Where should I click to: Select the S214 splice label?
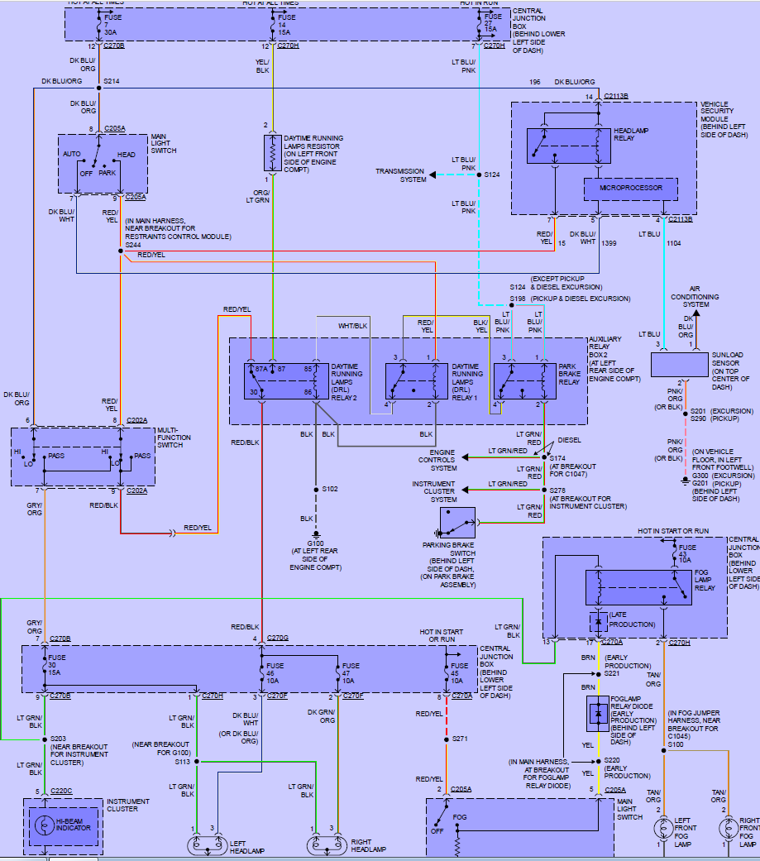pyautogui.click(x=112, y=82)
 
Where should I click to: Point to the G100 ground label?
pyautogui.click(x=316, y=543)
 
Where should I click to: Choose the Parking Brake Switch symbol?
pyautogui.click(x=457, y=523)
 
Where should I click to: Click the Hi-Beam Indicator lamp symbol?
pyautogui.click(x=47, y=825)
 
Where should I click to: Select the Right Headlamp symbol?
pyautogui.click(x=327, y=845)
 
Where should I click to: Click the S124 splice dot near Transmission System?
pyautogui.click(x=478, y=175)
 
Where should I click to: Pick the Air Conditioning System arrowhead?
pyautogui.click(x=695, y=313)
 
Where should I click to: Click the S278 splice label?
pyautogui.click(x=558, y=490)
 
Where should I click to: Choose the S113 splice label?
pyautogui.click(x=183, y=761)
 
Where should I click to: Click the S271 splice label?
pyautogui.click(x=461, y=739)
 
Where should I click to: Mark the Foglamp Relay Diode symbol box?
pyautogui.click(x=597, y=714)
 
